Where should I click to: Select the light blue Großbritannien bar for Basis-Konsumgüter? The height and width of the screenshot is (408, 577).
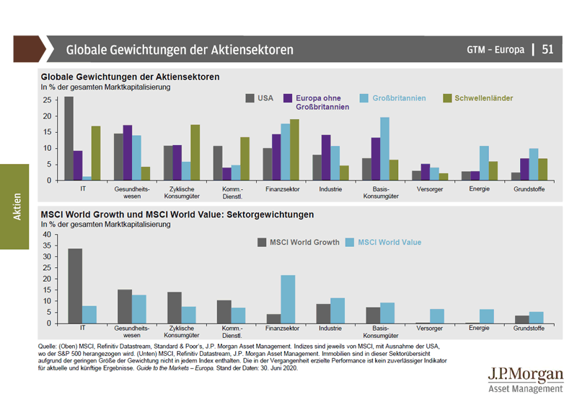385,149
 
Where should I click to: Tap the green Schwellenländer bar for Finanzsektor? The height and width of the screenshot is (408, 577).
294,149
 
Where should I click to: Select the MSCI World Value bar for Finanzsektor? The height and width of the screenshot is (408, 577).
288,299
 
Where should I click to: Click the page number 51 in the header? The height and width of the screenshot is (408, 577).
548,50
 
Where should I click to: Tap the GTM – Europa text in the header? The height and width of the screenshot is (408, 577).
495,50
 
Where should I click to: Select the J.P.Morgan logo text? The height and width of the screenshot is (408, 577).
524,376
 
